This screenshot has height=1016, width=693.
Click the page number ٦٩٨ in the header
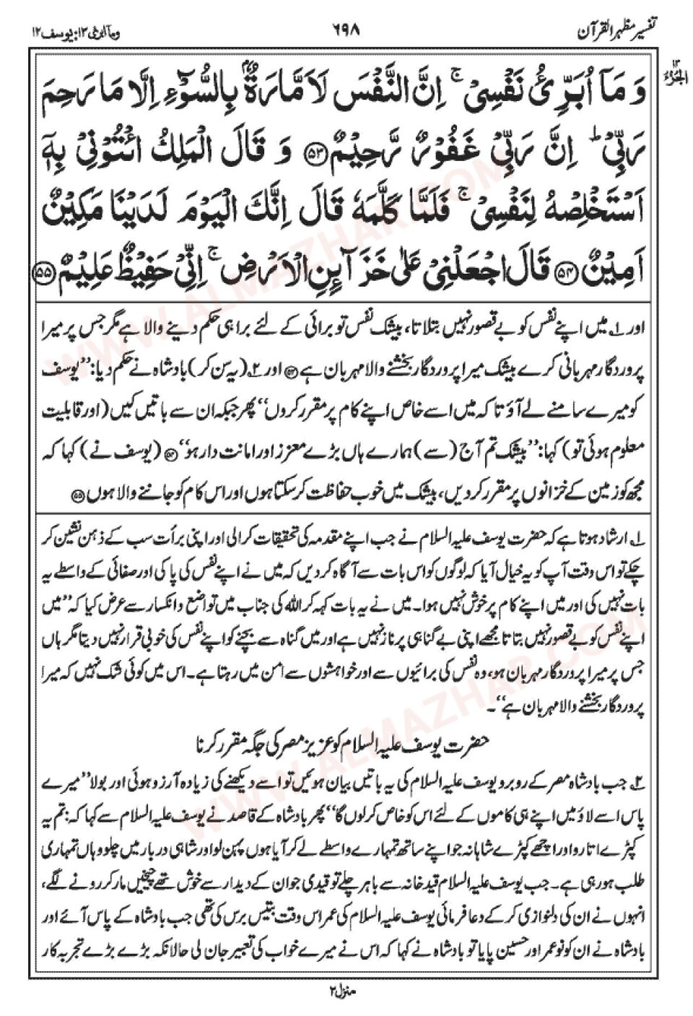pyautogui.click(x=346, y=32)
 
